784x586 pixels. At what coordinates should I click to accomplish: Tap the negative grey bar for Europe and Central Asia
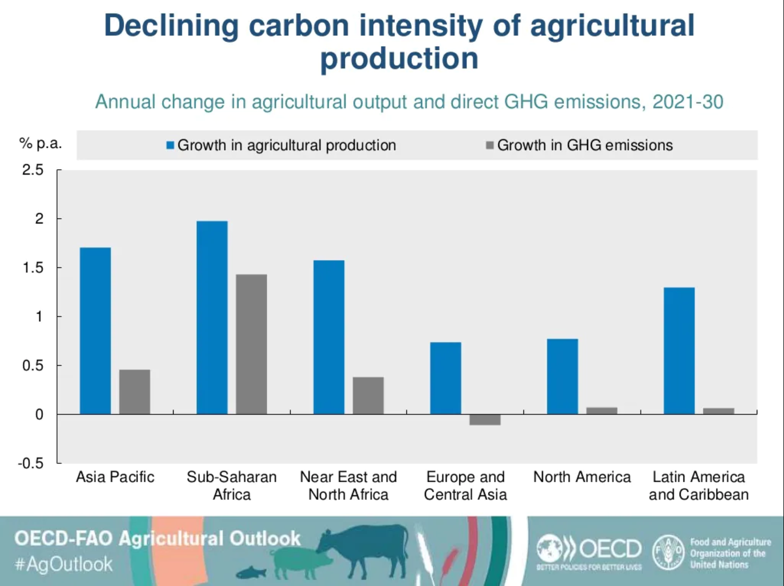[485, 420]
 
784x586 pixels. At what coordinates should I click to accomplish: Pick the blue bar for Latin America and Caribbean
[679, 351]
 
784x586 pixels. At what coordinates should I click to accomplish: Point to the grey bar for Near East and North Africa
[368, 395]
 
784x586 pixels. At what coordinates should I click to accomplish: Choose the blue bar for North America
[562, 376]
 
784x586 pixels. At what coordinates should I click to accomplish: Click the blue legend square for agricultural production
[170, 145]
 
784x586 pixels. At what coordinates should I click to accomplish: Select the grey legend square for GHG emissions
[490, 145]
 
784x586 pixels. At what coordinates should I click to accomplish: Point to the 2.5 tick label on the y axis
[33, 170]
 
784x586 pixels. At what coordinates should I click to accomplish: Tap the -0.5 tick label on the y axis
[30, 463]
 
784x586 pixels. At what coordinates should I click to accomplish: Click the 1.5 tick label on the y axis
[33, 267]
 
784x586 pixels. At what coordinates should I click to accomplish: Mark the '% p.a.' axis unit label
[40, 144]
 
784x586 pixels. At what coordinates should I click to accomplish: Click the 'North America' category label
[582, 477]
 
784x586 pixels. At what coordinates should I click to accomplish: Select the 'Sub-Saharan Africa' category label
[232, 485]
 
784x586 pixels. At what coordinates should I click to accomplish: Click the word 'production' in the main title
[399, 58]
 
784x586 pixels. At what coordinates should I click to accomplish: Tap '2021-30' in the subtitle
[688, 102]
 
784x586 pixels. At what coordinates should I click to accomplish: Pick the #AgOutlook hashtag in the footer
[64, 564]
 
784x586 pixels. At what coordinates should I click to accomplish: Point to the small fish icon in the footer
[251, 572]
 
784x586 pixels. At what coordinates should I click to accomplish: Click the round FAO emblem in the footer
[668, 552]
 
